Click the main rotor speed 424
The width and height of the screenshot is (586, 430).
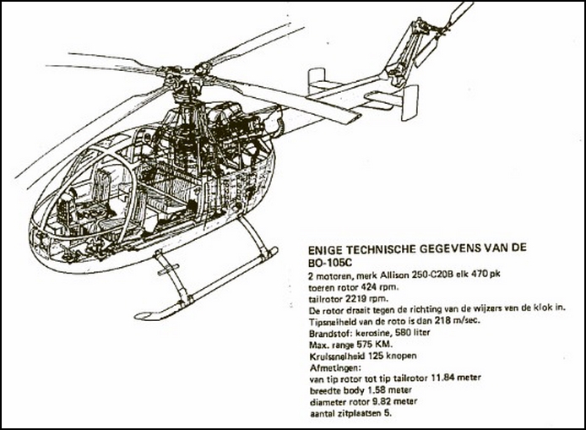369,287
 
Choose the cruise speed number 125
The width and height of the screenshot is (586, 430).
376,356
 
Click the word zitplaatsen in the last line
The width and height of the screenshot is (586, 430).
358,414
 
